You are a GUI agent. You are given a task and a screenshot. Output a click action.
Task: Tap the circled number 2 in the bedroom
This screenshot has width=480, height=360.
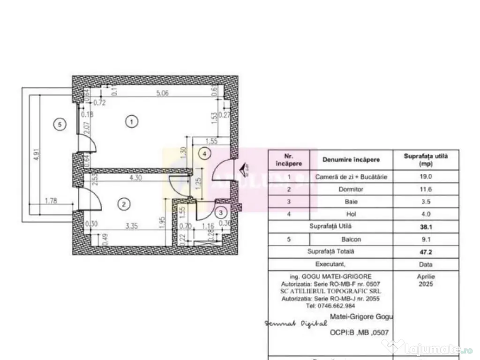(123, 204)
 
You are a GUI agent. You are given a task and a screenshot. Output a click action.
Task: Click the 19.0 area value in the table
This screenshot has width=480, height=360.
(426, 177)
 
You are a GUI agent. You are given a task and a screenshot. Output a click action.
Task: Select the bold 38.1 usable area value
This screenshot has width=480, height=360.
(426, 227)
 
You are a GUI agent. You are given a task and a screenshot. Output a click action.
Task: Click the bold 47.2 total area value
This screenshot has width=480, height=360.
(426, 252)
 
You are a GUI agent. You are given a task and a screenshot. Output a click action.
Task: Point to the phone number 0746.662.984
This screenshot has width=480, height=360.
(331, 305)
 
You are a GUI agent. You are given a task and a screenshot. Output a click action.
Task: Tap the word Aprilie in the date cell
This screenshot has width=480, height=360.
(426, 277)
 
